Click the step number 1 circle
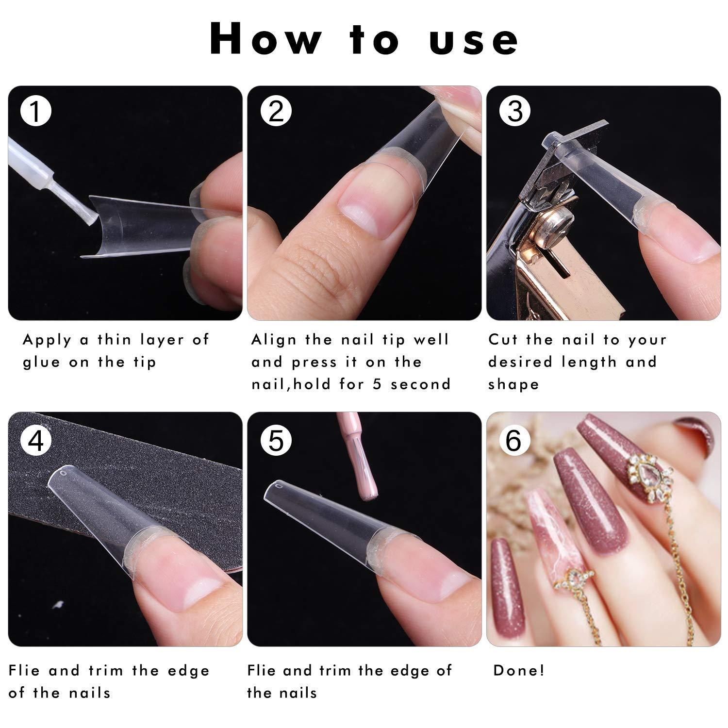click(x=35, y=111)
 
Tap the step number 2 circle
click(x=275, y=111)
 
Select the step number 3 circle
click(x=514, y=111)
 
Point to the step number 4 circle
click(x=35, y=440)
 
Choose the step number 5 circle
click(x=275, y=440)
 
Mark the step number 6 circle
click(x=513, y=440)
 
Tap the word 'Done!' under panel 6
click(x=519, y=670)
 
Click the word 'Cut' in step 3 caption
click(x=503, y=339)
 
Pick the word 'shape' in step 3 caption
click(x=513, y=384)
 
